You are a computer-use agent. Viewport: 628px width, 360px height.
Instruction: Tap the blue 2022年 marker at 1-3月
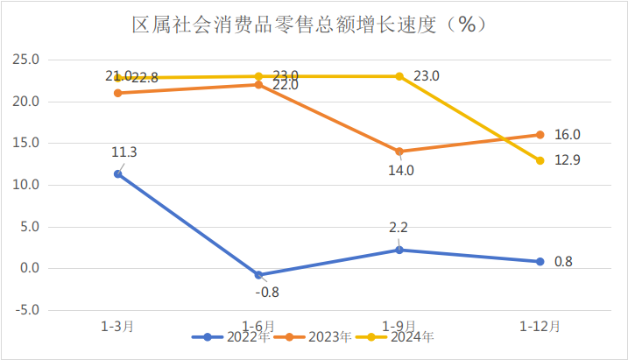point(117,173)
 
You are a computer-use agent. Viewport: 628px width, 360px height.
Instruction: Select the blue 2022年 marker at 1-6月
point(258,275)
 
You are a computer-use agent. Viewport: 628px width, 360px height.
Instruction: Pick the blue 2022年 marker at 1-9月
point(399,250)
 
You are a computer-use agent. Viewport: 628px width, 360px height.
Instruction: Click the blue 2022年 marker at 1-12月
point(540,261)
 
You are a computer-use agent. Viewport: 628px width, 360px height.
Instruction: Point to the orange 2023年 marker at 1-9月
point(399,152)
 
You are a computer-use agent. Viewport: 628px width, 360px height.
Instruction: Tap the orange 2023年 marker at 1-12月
point(540,135)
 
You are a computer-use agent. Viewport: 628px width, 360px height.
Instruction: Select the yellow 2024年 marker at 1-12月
point(540,160)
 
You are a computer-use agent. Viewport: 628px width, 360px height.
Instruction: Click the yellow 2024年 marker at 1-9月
point(399,76)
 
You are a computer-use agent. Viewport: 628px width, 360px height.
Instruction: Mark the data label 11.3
point(123,152)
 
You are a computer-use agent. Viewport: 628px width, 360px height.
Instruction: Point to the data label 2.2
point(399,228)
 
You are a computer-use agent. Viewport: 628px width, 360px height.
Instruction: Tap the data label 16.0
point(568,135)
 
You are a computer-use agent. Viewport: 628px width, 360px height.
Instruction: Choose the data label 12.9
point(568,160)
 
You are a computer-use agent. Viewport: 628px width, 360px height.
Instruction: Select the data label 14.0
point(402,171)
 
